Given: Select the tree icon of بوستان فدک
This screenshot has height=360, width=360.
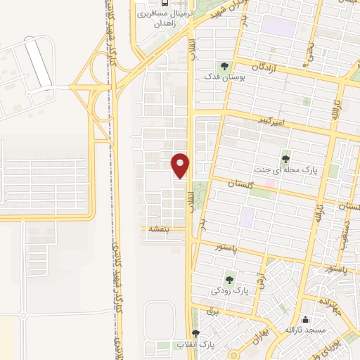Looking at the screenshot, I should point(224,67).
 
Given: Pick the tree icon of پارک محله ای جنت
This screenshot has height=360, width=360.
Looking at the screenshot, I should point(285,157).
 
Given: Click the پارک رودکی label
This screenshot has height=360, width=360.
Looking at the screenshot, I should point(231,290).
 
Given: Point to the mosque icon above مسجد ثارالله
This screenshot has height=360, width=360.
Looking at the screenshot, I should point(305,321).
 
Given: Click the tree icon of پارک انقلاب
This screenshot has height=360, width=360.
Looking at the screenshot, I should point(195,334).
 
